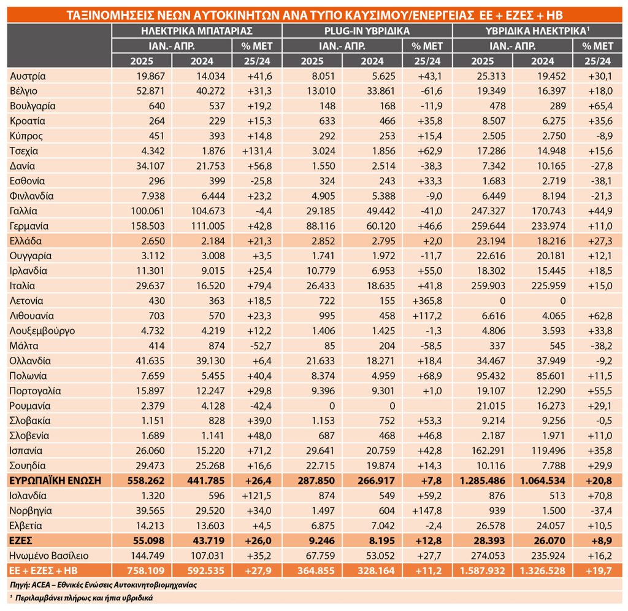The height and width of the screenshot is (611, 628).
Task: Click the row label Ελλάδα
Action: point(26,241)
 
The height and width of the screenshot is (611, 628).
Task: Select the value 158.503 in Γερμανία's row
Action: point(148,226)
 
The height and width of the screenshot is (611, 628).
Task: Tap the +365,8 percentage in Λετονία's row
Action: point(427,301)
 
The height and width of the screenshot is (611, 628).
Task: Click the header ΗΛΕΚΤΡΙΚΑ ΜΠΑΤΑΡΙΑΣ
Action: point(197,31)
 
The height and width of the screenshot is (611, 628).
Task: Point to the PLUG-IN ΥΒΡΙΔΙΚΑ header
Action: point(367,31)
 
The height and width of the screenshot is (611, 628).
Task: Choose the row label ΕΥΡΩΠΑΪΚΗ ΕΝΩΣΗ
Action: point(55,480)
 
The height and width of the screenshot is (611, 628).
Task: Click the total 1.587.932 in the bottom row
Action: point(482,570)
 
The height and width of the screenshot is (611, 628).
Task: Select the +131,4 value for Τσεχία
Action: point(257,151)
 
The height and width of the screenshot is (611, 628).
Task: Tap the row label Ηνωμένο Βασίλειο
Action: point(49,556)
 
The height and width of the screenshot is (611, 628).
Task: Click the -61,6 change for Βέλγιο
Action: point(431,91)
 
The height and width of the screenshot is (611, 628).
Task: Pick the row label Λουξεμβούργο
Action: point(42,331)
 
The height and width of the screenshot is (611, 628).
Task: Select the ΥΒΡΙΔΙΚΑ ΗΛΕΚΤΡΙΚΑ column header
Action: point(537,31)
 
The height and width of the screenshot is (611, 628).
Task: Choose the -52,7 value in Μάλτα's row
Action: point(260,346)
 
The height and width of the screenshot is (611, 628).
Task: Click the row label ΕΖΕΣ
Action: point(21,540)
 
